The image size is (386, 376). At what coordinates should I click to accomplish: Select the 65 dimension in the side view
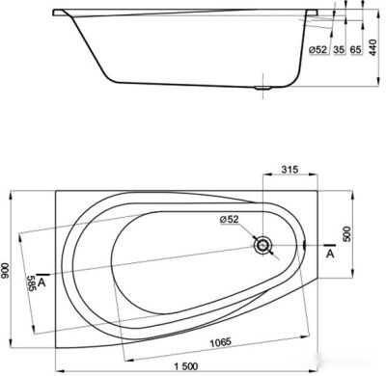[x=355, y=49]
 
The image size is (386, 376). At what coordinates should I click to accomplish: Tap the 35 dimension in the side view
[x=338, y=49]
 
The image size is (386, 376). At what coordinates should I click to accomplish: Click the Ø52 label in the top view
[x=229, y=221]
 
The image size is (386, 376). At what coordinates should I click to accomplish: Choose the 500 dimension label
[x=347, y=233]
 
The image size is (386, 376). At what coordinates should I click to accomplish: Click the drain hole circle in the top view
[x=262, y=245]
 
